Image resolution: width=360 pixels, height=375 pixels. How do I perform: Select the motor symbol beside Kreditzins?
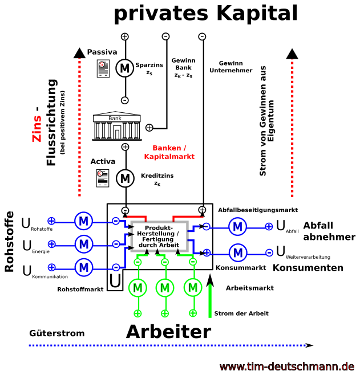click(x=124, y=178)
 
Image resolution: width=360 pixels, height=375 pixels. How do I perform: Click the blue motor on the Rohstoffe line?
click(x=83, y=221)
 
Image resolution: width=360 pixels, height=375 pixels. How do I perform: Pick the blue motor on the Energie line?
click(x=83, y=244)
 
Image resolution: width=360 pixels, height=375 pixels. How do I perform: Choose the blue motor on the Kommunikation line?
click(x=83, y=266)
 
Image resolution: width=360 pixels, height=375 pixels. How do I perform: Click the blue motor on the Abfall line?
click(x=238, y=227)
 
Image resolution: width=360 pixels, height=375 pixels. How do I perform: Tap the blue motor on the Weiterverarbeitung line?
click(x=238, y=251)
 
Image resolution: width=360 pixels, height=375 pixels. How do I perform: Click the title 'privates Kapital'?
click(x=205, y=14)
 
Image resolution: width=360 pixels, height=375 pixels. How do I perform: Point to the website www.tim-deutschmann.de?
click(x=287, y=366)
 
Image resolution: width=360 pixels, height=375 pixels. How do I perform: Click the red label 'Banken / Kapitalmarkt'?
click(x=169, y=152)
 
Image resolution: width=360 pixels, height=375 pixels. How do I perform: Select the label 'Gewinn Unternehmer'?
click(x=231, y=67)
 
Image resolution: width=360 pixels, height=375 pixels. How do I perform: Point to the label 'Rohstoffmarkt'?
click(x=80, y=290)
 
